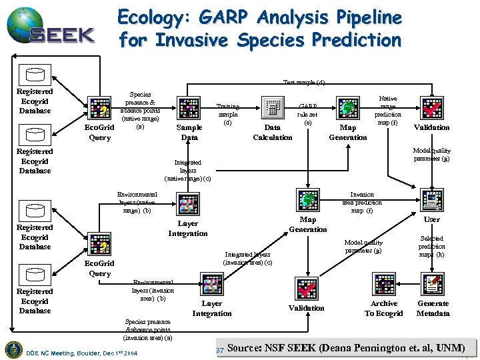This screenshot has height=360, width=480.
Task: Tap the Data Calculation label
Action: coord(272,132)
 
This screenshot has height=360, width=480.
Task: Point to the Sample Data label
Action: coord(189,132)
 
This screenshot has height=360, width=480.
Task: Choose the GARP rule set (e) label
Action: coord(307,114)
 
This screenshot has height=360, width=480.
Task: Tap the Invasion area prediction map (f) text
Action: coord(362,202)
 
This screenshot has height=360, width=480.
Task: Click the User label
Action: coord(432,219)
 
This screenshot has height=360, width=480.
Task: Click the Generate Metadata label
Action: coord(433,308)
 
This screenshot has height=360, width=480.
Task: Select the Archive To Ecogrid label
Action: coord(384,308)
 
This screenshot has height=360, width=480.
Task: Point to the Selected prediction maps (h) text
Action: coord(432,246)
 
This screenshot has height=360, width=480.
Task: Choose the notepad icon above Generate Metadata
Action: coord(433,285)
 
